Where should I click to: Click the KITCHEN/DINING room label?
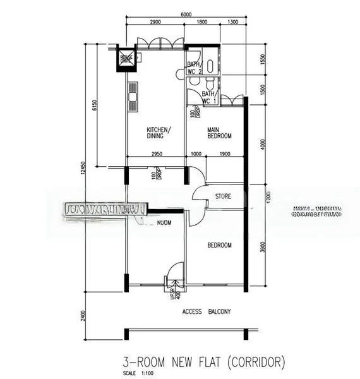155,131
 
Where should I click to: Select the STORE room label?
223,196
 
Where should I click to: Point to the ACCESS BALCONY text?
207,311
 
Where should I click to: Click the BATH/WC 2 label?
194,68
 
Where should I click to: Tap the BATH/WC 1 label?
208,97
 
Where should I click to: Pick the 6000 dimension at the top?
186,14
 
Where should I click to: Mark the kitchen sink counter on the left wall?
133,96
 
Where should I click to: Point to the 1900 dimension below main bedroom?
224,153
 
